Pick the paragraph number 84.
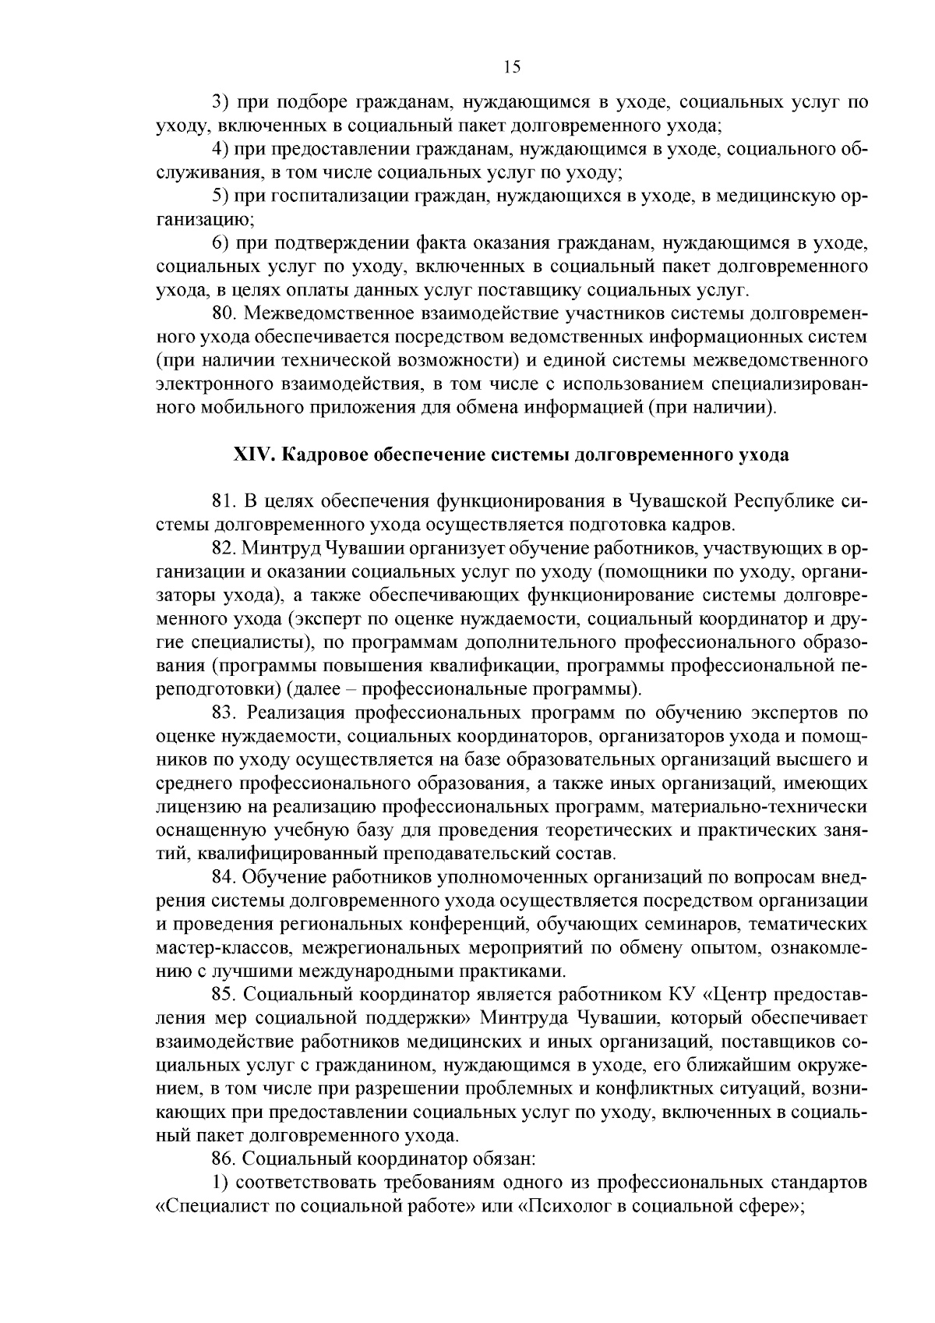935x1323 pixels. click(224, 877)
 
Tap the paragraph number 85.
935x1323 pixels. click(224, 995)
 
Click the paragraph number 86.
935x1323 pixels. click(224, 1159)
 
